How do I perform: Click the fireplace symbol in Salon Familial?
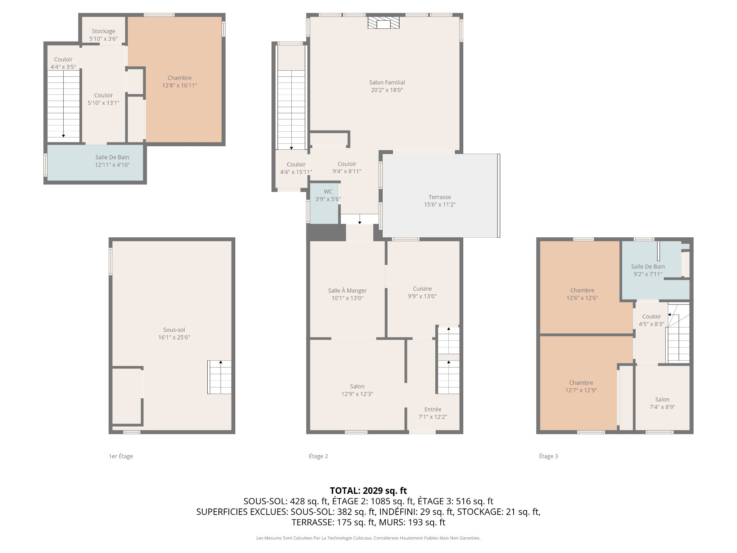383,23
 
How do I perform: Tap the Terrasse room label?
440,197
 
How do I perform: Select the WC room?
324,204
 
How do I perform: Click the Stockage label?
103,31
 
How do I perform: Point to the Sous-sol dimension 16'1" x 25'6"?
174,338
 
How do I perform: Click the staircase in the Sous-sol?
220,377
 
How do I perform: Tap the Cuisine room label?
422,289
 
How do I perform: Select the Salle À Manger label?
347,291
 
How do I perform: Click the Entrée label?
433,409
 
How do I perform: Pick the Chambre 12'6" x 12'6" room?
580,287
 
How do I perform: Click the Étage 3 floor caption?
549,456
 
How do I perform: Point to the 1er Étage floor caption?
121,456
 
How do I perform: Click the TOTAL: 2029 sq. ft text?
368,490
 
